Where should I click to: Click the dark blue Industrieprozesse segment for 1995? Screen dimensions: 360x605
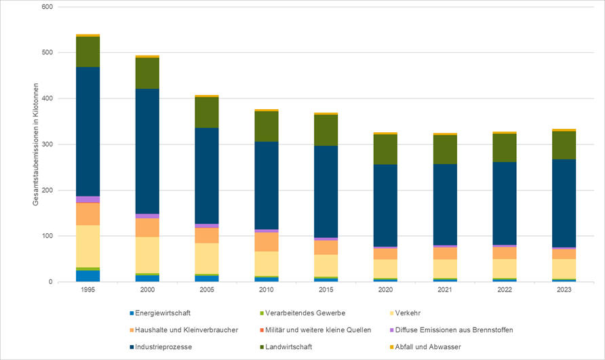click(x=87, y=132)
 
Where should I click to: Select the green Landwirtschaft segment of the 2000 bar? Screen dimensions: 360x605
click(x=147, y=73)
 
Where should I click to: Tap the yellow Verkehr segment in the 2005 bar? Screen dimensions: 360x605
click(x=207, y=258)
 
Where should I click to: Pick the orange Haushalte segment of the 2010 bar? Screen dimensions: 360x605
click(x=267, y=242)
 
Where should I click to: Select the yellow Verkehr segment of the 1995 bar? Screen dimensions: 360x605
click(x=87, y=246)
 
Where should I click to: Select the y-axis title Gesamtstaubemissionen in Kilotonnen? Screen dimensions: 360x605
click(x=36, y=144)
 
